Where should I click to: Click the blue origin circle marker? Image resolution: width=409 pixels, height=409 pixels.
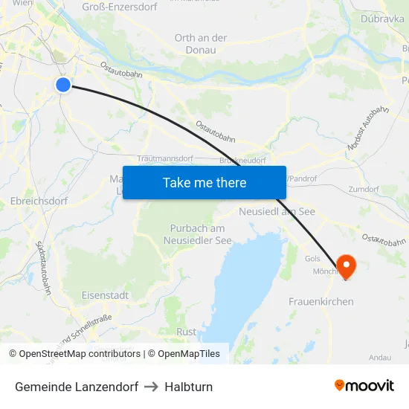tap(63, 85)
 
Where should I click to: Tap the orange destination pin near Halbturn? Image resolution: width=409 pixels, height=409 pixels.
tap(347, 266)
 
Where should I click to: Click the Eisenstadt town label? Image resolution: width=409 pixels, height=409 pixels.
tap(105, 295)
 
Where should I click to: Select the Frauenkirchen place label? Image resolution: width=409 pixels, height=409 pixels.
tap(321, 301)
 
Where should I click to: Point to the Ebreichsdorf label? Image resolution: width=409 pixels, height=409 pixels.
tap(39, 201)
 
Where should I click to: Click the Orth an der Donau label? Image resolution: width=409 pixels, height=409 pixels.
tap(201, 44)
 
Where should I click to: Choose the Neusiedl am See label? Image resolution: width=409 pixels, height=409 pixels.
tap(277, 212)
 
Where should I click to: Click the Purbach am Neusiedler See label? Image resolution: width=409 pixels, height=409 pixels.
tap(198, 234)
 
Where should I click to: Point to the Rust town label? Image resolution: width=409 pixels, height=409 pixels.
tap(187, 332)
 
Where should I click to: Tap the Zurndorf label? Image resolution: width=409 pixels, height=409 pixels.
tap(364, 190)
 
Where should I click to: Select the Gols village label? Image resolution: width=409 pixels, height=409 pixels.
tap(312, 259)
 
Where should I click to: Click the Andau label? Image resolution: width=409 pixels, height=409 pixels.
tap(379, 357)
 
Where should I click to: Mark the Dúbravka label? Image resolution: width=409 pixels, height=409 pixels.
tap(382, 19)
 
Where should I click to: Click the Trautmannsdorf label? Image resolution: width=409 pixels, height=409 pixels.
tap(165, 159)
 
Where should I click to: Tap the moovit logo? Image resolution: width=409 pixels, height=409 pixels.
tap(364, 385)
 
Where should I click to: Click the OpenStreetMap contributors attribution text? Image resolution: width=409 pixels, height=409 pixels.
tap(80, 354)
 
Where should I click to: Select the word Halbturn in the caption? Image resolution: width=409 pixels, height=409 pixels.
tap(189, 387)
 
